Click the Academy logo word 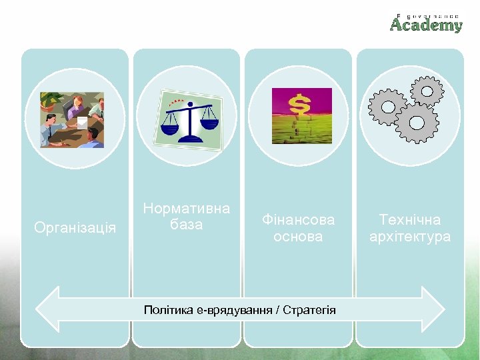(x=426, y=25)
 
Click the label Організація (x=75, y=228)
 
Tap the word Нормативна (x=187, y=209)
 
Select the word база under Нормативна (x=187, y=225)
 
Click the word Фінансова (x=298, y=219)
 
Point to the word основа (x=298, y=237)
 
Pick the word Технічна (x=410, y=219)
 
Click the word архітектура (x=410, y=237)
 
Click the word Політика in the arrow (x=169, y=310)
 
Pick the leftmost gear (x=387, y=106)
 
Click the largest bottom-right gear (x=416, y=123)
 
